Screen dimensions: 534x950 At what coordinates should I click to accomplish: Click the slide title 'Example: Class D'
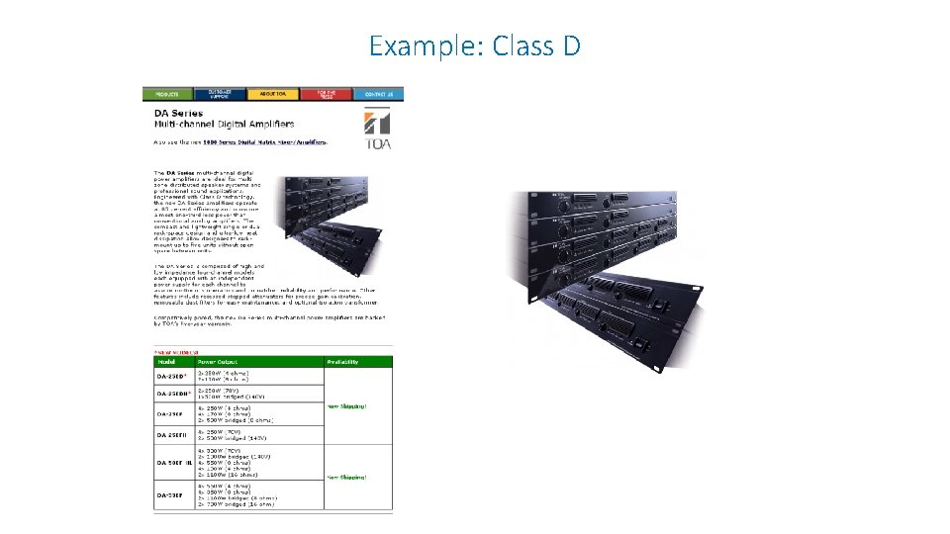475,45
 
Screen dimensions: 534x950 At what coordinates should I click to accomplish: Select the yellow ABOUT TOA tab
273,94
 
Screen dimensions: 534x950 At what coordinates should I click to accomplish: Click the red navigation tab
326,94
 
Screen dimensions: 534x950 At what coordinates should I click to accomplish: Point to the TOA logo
377,131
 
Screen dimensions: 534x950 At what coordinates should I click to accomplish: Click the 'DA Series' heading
177,114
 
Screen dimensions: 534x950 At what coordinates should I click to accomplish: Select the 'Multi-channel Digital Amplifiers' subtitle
223,125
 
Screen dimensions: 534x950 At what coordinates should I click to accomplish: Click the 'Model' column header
166,362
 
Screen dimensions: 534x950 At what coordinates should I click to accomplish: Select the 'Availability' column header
343,362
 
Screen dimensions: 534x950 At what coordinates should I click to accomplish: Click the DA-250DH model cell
172,394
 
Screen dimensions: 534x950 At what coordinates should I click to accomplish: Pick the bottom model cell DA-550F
169,494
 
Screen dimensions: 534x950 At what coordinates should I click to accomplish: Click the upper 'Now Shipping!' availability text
346,406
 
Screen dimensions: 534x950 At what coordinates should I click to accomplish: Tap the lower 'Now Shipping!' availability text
346,478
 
